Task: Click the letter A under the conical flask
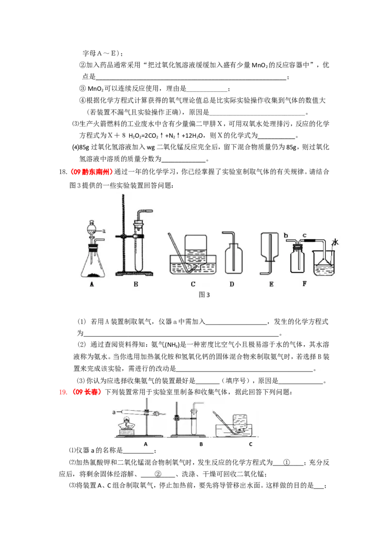[x=91, y=285]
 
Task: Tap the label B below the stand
[x=136, y=285]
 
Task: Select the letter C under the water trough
[x=193, y=285]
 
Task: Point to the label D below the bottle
[x=232, y=285]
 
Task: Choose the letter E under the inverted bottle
[x=271, y=285]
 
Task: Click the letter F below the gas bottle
[x=304, y=284]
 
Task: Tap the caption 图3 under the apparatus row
[x=205, y=294]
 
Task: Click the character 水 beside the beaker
[x=335, y=242]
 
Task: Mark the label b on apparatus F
[x=287, y=236]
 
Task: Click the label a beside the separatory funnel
[x=104, y=231]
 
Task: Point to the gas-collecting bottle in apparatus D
[x=232, y=259]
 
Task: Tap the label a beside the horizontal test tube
[x=114, y=412]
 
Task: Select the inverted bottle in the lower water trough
[x=239, y=421]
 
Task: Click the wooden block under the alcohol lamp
[x=127, y=432]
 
